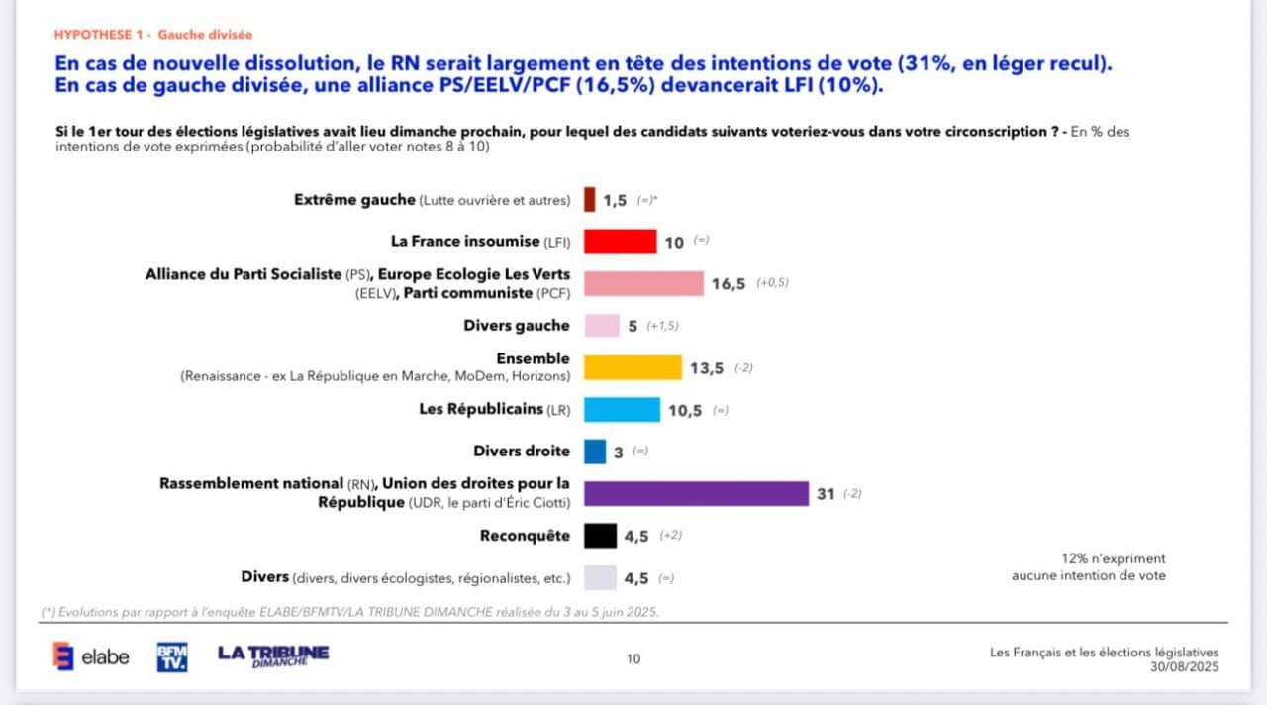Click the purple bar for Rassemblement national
tap(696, 493)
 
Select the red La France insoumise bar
tap(620, 242)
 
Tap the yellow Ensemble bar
tap(633, 368)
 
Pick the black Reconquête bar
tap(600, 536)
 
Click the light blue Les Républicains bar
tap(622, 410)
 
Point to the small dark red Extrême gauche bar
tap(590, 200)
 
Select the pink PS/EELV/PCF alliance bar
tap(643, 284)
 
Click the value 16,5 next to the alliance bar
tap(729, 284)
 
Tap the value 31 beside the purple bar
tap(826, 494)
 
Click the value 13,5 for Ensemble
tap(707, 368)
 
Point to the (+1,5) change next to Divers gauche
tap(662, 326)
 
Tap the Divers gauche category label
tap(517, 326)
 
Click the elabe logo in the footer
tap(91, 656)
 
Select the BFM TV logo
tap(172, 656)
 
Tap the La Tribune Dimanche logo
tap(273, 655)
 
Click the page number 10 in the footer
tap(633, 658)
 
